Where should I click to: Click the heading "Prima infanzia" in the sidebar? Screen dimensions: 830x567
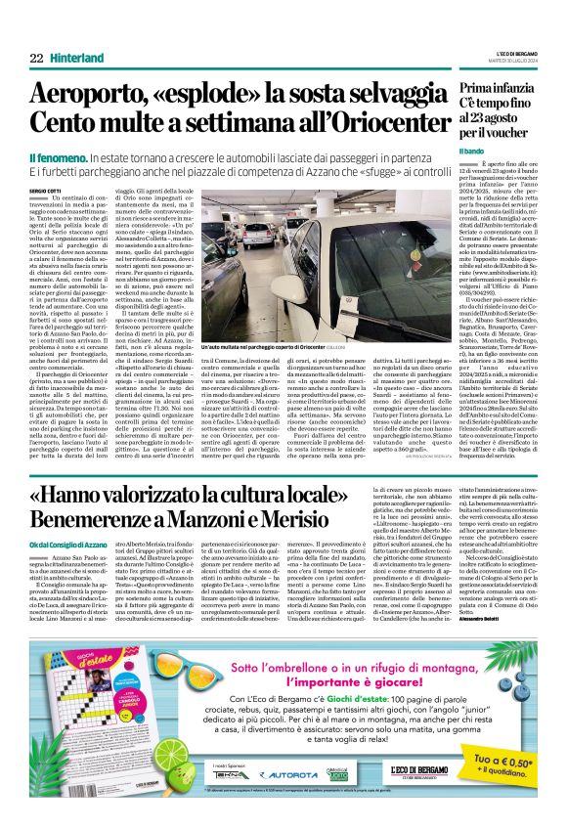tap(498, 90)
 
